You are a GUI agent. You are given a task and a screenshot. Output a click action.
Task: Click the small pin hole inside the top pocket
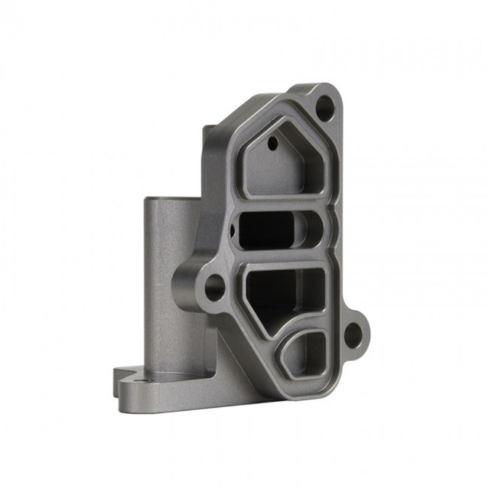point(273,144)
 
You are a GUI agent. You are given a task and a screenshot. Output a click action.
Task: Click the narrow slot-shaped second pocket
point(269,229)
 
